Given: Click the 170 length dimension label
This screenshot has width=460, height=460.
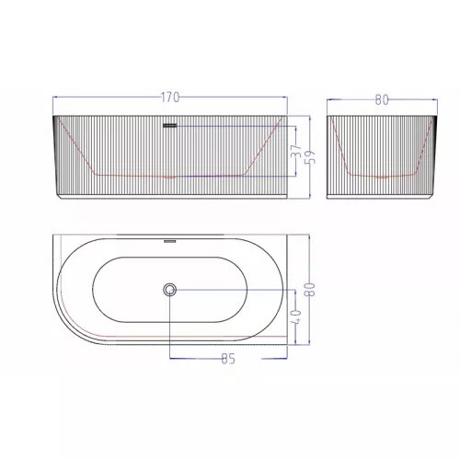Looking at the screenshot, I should pos(169,97).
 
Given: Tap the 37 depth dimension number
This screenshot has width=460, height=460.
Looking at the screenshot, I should pos(295,151).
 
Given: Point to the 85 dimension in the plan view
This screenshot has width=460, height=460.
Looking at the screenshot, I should pos(228,359).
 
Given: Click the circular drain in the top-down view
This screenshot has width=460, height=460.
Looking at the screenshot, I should pos(169,290).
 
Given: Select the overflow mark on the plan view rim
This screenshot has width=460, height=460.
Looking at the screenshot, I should pos(169,242).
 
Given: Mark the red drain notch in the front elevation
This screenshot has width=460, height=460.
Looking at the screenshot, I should pos(169,176).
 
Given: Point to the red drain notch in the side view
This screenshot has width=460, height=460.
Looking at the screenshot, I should pos(382,176).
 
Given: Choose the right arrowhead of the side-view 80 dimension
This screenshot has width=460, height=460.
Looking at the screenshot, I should pos(433,102).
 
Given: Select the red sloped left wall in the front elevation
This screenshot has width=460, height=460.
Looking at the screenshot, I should pos(76,147).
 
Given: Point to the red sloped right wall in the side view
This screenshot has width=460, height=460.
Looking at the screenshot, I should pos(420,147).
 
